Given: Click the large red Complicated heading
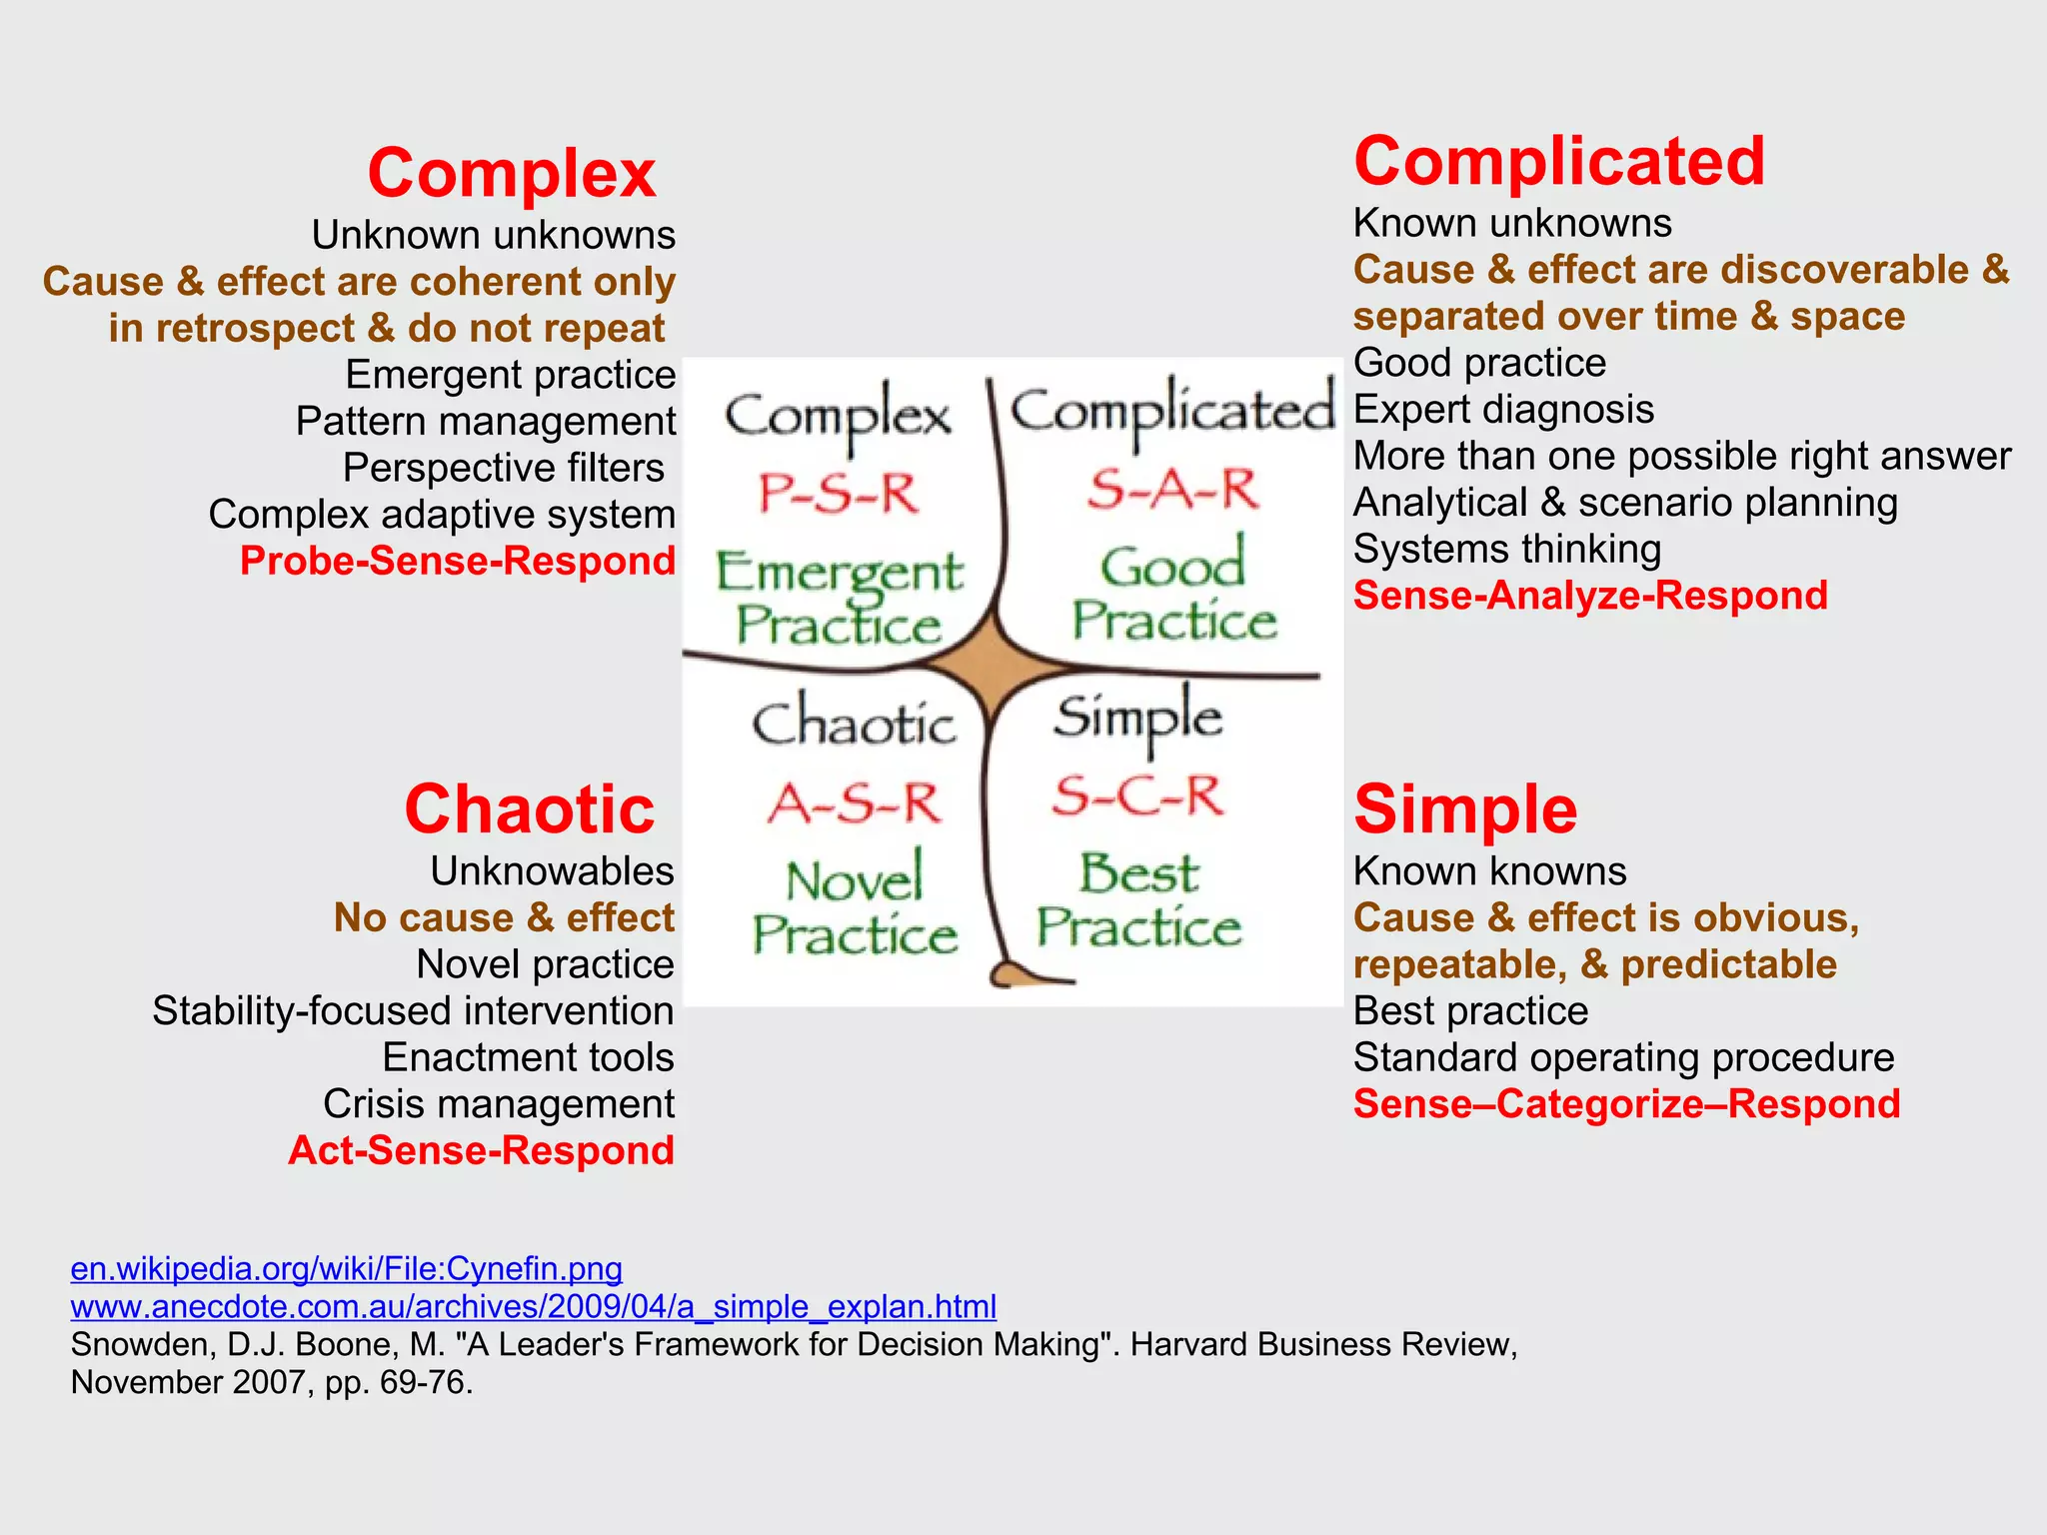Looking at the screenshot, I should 1558,162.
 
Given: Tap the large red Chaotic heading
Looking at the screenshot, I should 529,808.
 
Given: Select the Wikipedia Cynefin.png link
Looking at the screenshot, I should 346,1268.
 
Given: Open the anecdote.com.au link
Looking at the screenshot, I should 533,1306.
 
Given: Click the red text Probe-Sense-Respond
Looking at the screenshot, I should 458,561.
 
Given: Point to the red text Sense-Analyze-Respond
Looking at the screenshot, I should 1589,596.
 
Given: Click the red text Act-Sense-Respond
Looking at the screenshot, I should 481,1150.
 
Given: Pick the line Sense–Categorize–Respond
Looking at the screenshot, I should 1626,1104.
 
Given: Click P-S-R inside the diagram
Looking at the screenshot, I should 838,494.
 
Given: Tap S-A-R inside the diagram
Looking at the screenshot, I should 1172,490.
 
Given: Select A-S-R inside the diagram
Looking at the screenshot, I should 855,803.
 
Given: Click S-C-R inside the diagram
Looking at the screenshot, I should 1137,796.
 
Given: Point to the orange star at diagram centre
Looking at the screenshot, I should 992,661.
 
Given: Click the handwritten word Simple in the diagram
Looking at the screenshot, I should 1137,718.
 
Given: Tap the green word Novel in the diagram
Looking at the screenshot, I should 855,880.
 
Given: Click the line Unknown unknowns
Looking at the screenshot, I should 493,235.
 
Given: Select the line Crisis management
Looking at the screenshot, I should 498,1104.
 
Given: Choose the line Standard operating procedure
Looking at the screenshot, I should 1623,1057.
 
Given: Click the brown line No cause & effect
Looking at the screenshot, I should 504,917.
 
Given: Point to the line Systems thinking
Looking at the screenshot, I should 1506,549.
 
